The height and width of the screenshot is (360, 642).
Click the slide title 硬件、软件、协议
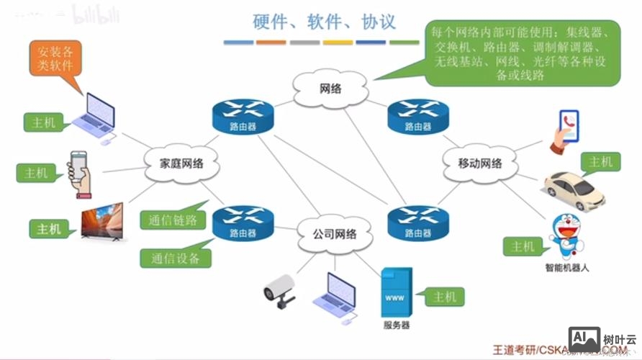click(324, 21)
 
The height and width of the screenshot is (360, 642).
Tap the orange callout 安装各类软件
click(55, 58)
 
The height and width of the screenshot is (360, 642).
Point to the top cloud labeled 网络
click(330, 89)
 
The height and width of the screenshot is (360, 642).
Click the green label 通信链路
click(173, 220)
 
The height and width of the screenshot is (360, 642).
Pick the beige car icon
click(574, 189)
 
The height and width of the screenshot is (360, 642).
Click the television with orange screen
click(101, 223)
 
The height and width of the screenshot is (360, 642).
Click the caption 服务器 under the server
click(397, 325)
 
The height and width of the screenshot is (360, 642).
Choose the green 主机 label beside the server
click(444, 296)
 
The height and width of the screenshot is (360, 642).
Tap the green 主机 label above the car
click(600, 162)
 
